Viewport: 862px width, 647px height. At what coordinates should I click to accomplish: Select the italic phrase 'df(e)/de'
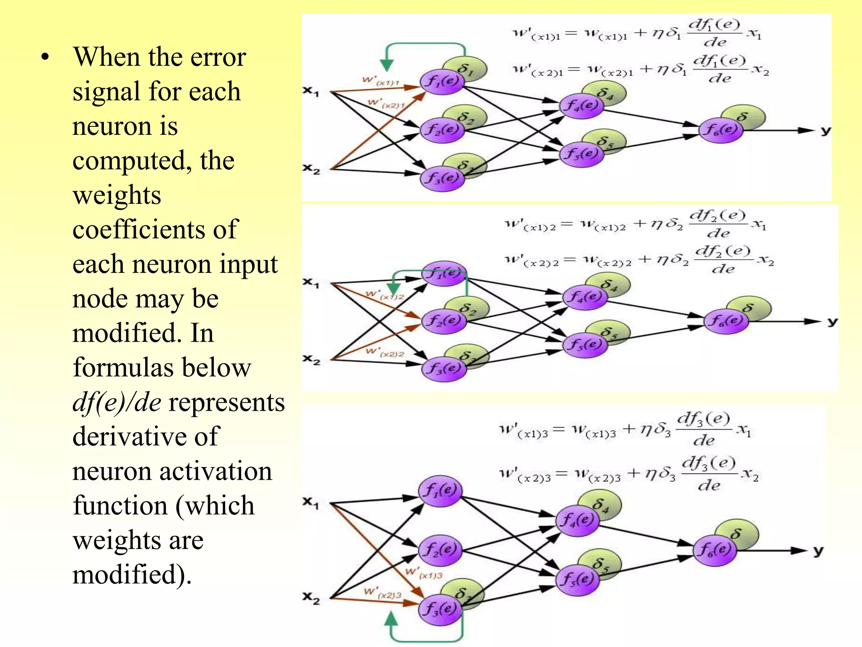pyautogui.click(x=117, y=402)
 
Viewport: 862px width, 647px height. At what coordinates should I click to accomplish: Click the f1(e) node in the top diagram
pyautogui.click(x=442, y=81)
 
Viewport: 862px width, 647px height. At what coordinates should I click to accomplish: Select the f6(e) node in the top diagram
pyautogui.click(x=721, y=130)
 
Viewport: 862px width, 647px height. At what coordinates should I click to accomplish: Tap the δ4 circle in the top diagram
pyautogui.click(x=604, y=94)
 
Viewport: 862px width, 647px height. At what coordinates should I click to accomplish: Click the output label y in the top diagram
pyautogui.click(x=826, y=131)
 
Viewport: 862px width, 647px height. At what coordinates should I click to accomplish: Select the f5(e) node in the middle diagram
pyautogui.click(x=585, y=345)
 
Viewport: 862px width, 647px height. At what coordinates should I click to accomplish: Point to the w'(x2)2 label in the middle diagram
pyautogui.click(x=385, y=352)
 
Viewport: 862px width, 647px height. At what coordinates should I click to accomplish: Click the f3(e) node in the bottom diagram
pyautogui.click(x=440, y=609)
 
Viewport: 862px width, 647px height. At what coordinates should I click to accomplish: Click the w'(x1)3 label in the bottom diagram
pyautogui.click(x=423, y=573)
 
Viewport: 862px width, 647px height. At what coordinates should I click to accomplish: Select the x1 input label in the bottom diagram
pyautogui.click(x=311, y=503)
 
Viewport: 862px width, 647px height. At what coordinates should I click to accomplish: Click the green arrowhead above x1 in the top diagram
pyautogui.click(x=386, y=65)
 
